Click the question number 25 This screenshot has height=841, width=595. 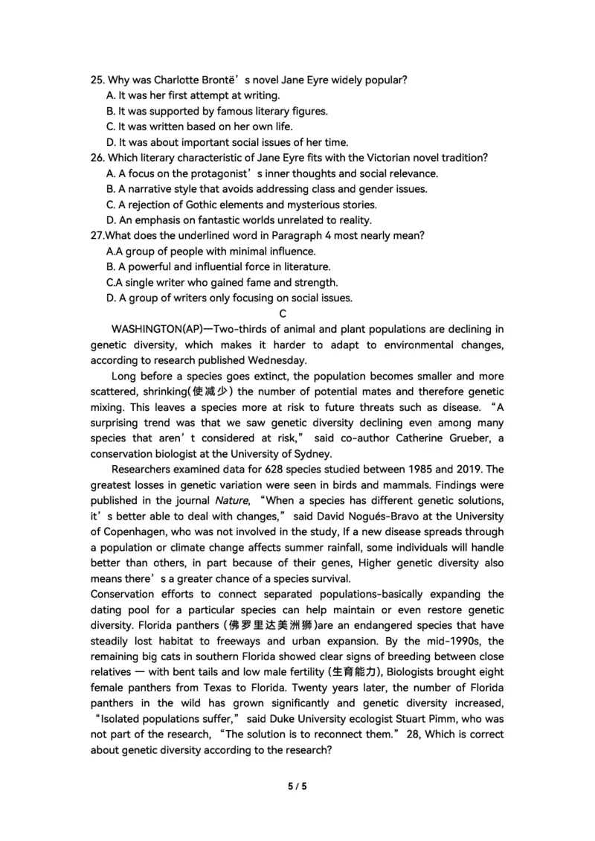coord(97,80)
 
